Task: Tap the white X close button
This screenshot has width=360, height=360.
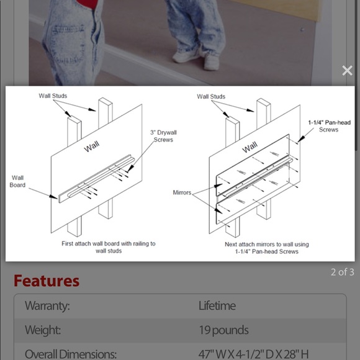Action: click(347, 71)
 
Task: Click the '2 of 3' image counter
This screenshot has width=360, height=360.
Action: click(343, 272)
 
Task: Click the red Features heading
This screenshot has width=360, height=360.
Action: click(47, 281)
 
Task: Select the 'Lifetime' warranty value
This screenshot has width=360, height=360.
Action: click(217, 305)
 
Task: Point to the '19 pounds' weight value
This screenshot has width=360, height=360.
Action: click(223, 330)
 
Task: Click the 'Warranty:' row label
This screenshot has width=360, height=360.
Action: click(47, 305)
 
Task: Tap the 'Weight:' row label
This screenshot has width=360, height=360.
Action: click(43, 330)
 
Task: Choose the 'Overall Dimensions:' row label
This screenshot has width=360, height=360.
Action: click(71, 354)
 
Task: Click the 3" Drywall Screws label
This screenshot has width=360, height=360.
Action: click(163, 136)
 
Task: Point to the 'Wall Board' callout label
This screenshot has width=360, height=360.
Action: click(17, 181)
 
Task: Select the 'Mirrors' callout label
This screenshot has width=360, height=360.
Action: click(182, 192)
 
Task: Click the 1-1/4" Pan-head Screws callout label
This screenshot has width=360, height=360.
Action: click(329, 126)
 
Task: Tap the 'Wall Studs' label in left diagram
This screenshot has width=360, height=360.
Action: click(53, 96)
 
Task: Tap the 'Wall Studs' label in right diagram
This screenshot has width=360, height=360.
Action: click(211, 96)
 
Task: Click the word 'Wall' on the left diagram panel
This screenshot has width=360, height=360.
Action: click(92, 146)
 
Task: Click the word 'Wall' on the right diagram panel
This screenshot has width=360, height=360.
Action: click(250, 147)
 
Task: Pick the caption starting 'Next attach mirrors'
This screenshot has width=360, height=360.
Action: click(267, 248)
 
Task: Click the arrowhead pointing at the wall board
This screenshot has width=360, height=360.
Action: click(53, 197)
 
